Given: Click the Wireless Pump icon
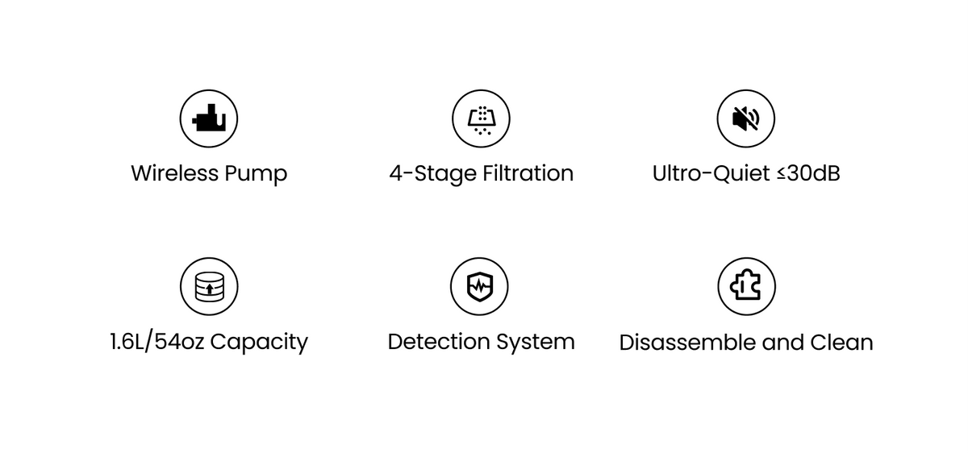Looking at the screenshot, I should coord(209,119).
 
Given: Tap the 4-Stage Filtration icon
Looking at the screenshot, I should coord(481,119).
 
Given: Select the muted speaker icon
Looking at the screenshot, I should coord(745,119).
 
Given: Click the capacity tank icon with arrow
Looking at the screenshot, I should coord(209,286).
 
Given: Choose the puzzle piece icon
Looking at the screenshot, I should coord(745,286).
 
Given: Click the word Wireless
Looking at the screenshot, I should coord(174,173).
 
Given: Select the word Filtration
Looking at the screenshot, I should coord(528,173).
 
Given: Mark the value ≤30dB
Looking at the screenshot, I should coord(808,173).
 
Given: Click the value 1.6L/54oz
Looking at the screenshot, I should coord(156,342).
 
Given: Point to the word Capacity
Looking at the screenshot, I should coord(259,343).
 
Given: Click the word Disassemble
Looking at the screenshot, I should coord(688,343).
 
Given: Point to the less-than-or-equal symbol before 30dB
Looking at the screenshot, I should coord(781,174).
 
